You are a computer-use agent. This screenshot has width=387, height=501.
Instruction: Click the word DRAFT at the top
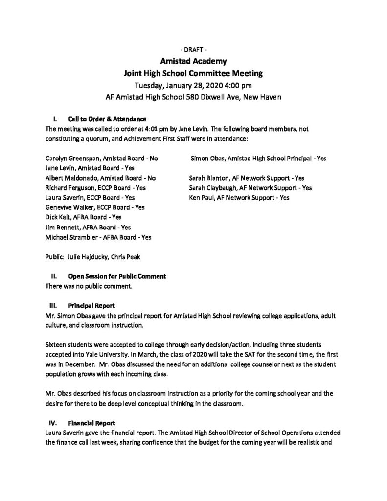coord(194,50)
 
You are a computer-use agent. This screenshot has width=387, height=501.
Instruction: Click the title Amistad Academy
coord(193,62)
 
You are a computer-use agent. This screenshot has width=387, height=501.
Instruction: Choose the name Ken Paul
coord(200,198)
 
